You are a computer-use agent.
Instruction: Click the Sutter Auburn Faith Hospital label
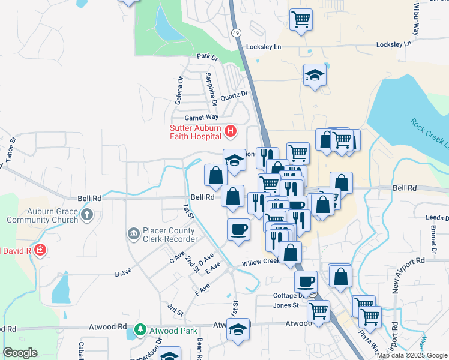click(195, 132)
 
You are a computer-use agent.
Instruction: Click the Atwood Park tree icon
click(140, 330)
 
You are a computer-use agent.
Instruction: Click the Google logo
click(20, 353)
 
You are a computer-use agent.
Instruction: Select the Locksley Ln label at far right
click(394, 45)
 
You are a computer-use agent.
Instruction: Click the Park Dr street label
click(207, 57)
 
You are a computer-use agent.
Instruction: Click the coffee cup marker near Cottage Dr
click(306, 281)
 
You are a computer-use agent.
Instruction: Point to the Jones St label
click(286, 305)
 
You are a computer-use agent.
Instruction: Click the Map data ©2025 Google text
click(412, 355)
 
